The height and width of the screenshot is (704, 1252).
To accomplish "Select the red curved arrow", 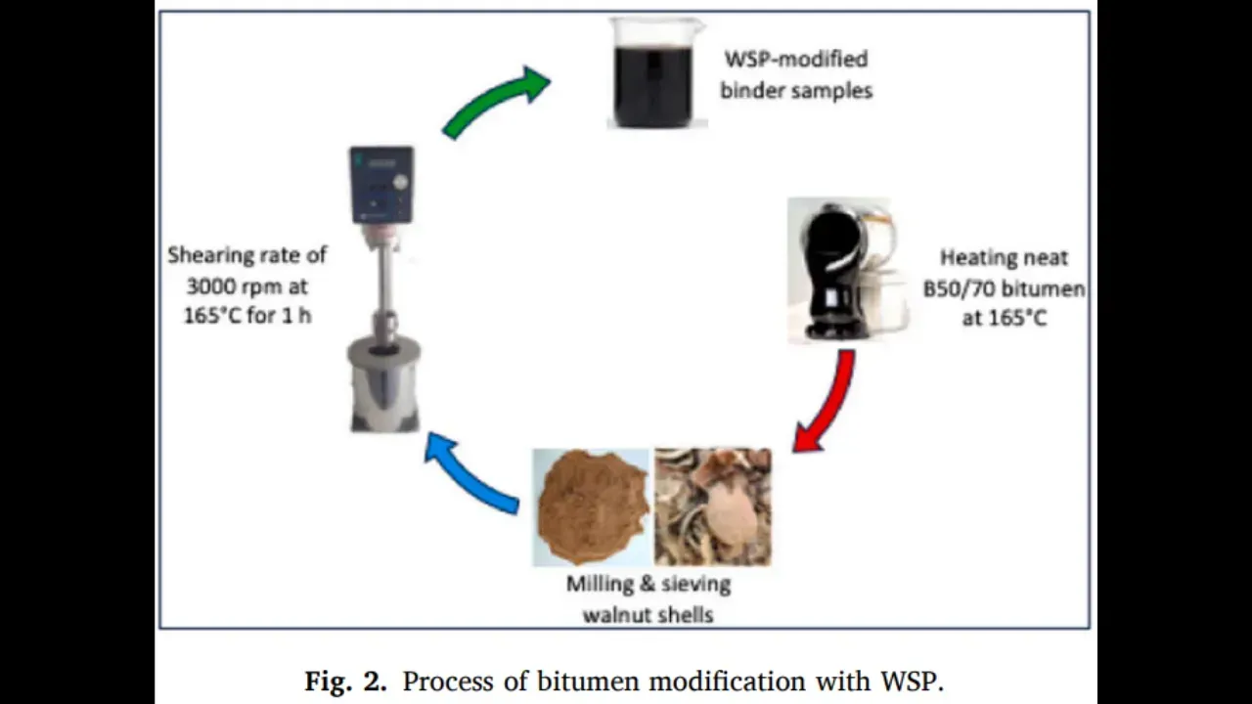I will coord(827,401).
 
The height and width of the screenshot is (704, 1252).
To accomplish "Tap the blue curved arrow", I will coord(469,474).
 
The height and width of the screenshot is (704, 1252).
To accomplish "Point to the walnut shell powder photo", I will coord(591,506).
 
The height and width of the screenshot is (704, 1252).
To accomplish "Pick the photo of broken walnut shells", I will coord(713,506).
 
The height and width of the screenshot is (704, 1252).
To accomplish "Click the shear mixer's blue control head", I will coord(381,186).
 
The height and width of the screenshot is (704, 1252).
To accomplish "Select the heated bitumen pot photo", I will coord(847,269).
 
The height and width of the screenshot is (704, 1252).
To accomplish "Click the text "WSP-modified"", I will coord(795,59).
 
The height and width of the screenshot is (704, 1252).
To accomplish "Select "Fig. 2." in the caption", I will coord(345,681).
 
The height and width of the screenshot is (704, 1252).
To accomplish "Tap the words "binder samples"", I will coord(796,91).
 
